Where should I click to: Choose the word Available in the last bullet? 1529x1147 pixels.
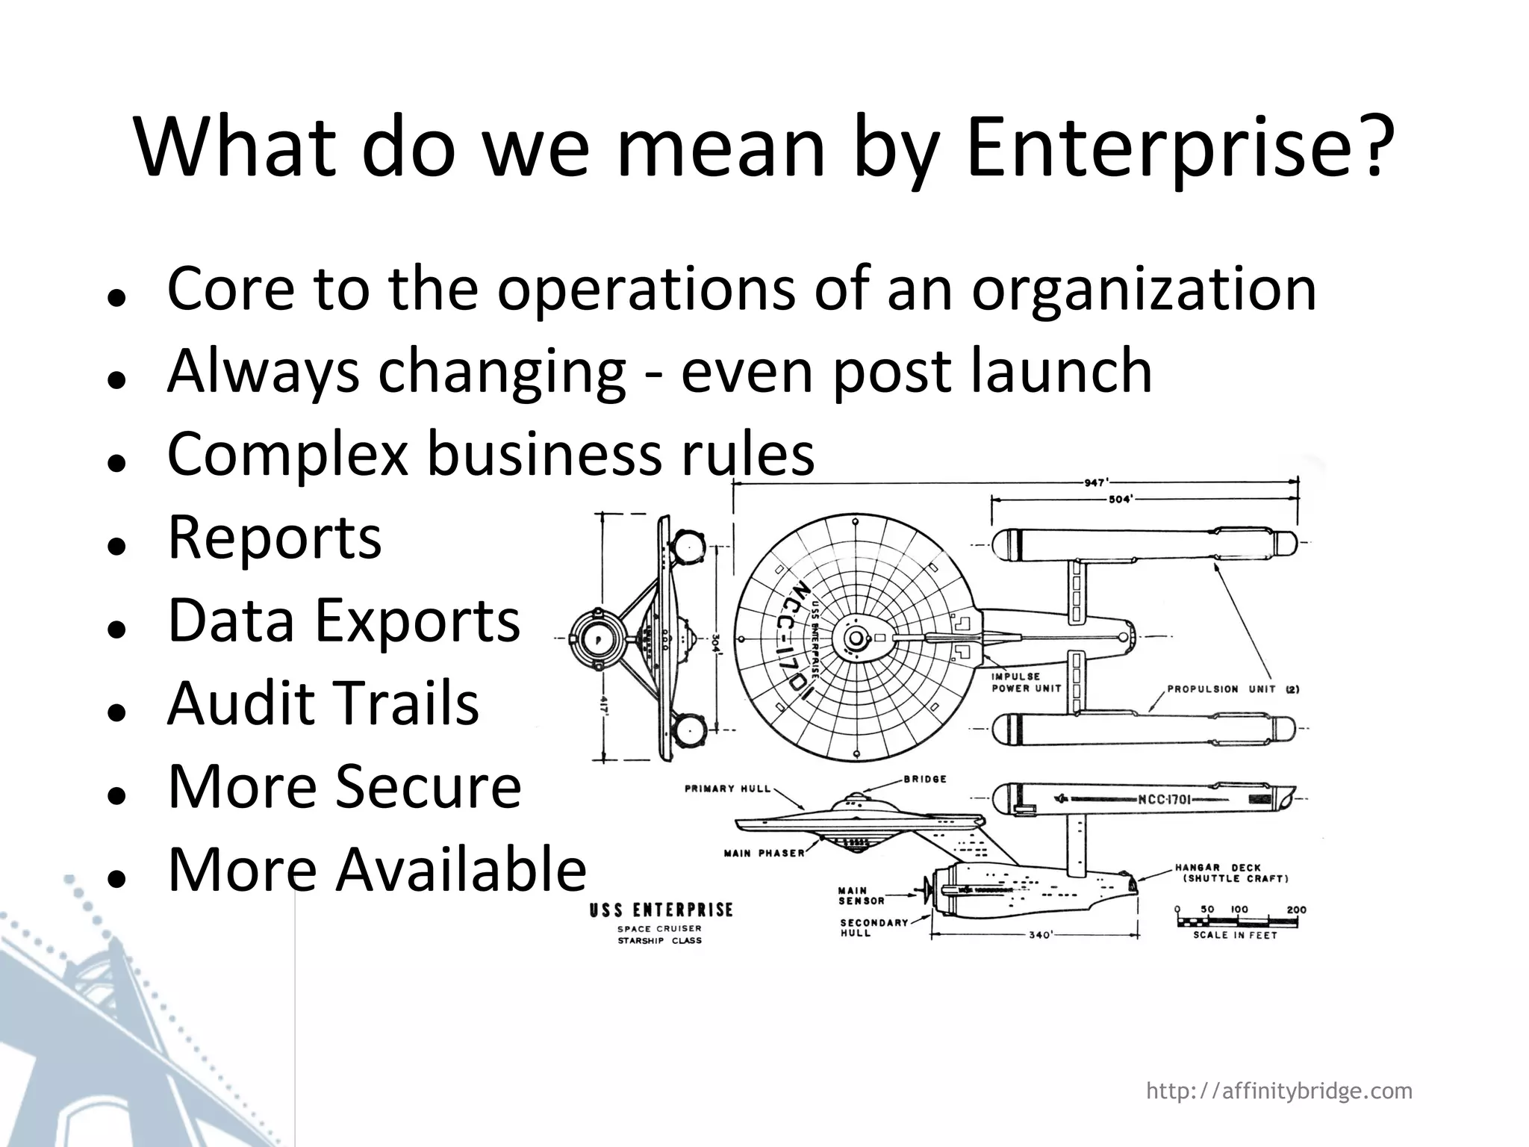pos(461,869)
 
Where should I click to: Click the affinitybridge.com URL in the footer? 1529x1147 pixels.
pos(1279,1091)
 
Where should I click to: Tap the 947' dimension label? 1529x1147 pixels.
pos(1095,482)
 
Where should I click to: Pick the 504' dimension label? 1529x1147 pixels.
pos(1121,500)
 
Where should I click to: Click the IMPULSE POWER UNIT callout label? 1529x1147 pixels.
pos(1026,683)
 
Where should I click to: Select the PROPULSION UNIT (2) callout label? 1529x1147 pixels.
pos(1233,689)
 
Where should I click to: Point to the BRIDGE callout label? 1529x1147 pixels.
pos(925,779)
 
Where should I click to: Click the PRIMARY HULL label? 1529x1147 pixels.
pos(727,789)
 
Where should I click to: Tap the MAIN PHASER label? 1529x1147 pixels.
pos(764,853)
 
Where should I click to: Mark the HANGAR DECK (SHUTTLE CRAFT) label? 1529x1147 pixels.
pos(1231,873)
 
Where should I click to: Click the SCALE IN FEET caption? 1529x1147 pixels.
pos(1235,935)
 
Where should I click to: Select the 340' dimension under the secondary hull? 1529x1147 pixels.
pos(1040,935)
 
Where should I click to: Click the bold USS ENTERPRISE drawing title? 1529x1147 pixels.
pos(661,910)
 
